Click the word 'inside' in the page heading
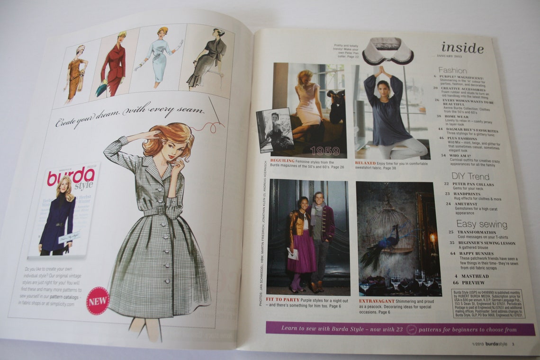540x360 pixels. point(462,48)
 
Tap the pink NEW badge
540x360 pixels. point(98,300)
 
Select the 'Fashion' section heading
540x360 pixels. point(452,71)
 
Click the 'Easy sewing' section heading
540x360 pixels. point(481,224)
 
